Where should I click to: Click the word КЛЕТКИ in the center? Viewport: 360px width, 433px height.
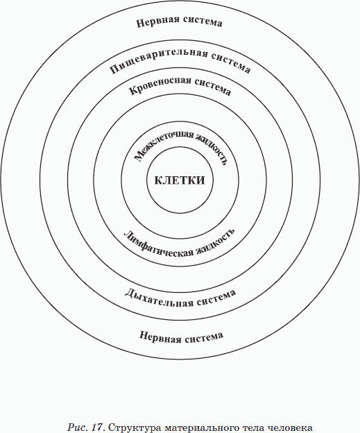(180, 180)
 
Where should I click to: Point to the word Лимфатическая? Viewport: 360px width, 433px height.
(158, 245)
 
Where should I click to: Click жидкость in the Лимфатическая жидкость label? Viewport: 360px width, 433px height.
(216, 242)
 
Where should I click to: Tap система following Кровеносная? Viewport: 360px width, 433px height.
(213, 86)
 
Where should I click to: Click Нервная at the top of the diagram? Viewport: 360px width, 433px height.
(158, 22)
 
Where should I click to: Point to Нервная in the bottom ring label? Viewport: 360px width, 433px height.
(160, 337)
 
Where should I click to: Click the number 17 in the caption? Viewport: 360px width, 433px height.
(98, 427)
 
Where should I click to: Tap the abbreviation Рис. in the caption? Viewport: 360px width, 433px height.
(78, 427)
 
